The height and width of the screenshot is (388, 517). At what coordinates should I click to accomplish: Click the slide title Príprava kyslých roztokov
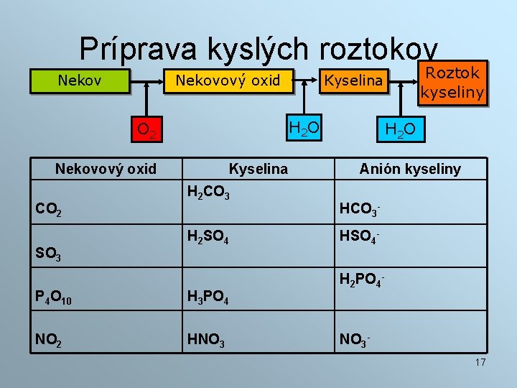[x=258, y=48]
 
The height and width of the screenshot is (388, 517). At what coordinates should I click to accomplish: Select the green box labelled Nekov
[x=79, y=80]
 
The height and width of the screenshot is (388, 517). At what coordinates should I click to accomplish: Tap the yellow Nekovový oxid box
[x=228, y=80]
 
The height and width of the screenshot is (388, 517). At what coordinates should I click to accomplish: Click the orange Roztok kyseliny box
[x=452, y=82]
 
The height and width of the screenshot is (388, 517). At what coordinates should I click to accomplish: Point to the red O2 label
[x=148, y=129]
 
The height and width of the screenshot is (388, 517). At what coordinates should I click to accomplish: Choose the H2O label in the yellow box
[x=304, y=128]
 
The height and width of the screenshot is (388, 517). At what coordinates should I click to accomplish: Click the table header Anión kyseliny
[x=410, y=169]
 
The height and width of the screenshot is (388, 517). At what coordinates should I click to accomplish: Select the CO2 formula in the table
[x=48, y=210]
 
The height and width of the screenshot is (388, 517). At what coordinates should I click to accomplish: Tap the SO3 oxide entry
[x=48, y=254]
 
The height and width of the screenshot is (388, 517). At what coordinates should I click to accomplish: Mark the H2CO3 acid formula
[x=208, y=192]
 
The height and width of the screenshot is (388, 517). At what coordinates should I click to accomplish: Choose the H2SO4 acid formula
[x=208, y=236]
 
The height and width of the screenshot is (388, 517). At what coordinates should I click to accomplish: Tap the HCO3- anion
[x=359, y=210]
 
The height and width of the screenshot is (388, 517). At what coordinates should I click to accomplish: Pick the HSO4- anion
[x=359, y=236]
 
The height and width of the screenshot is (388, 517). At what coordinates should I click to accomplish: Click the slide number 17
[x=480, y=362]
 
